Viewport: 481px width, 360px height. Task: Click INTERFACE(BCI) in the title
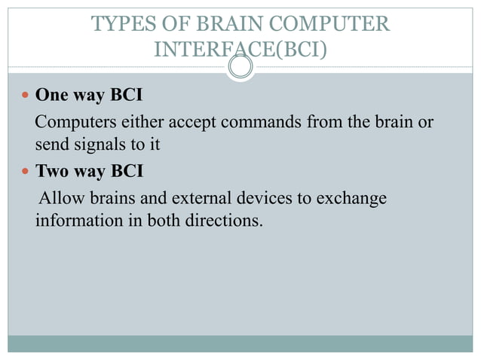[x=240, y=50]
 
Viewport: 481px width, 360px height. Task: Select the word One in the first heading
[x=52, y=96]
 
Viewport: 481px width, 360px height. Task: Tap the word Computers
[x=72, y=122]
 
